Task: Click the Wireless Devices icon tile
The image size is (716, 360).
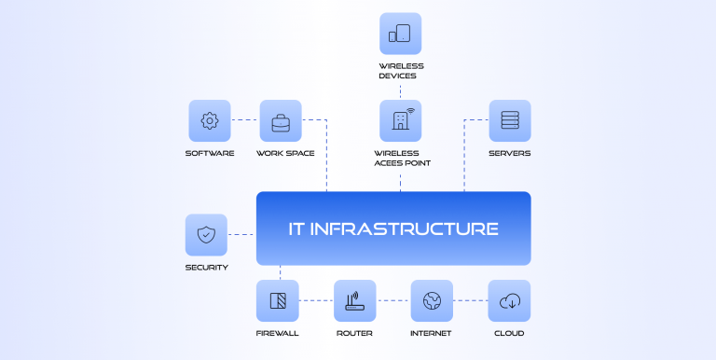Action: point(400,34)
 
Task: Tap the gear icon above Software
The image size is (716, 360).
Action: point(210,121)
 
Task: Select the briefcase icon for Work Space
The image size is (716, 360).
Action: point(281,121)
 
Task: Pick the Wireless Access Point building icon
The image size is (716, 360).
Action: point(400,121)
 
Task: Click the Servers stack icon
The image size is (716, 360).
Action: point(509,121)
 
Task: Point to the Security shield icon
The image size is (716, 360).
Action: point(206,235)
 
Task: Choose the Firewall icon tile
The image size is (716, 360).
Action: point(278,301)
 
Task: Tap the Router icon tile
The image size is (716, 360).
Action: point(354,301)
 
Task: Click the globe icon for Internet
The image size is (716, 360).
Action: point(431,301)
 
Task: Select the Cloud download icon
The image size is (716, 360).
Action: point(509,301)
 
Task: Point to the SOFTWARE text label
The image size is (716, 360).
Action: point(210,153)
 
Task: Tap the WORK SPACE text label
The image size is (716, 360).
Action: point(285,153)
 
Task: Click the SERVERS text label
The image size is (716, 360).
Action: point(509,153)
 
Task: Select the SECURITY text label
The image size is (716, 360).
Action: point(206,268)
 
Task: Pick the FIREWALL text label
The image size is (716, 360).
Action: point(278,333)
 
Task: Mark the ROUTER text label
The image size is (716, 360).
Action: point(354,333)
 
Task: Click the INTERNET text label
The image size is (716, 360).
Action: point(431,333)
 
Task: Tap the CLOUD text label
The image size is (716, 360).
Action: point(509,333)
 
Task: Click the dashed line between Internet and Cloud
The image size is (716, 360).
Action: point(470,300)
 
